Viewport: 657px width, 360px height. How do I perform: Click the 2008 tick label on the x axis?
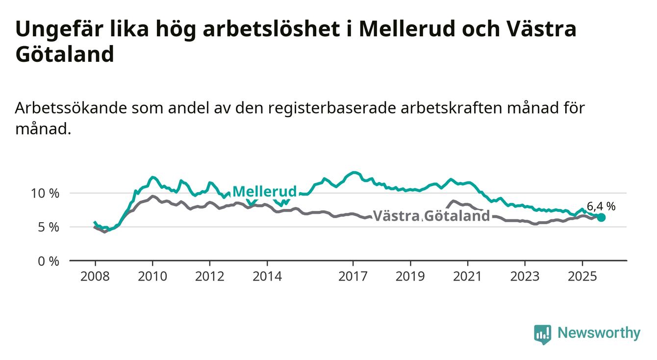pyautogui.click(x=95, y=277)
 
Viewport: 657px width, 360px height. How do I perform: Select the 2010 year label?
pyautogui.click(x=152, y=277)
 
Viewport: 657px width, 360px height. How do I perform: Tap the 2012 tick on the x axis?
pyautogui.click(x=210, y=277)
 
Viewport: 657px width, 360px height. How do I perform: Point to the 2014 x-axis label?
pyautogui.click(x=267, y=277)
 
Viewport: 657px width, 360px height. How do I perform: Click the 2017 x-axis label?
pyautogui.click(x=353, y=277)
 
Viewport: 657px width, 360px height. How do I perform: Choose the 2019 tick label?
pyautogui.click(x=410, y=277)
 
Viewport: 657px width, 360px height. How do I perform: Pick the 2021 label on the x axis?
pyautogui.click(x=468, y=277)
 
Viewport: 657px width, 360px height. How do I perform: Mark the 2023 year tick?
pyautogui.click(x=525, y=277)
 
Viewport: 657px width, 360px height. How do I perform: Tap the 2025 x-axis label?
pyautogui.click(x=582, y=277)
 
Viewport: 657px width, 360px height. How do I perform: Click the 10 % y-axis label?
pyautogui.click(x=45, y=193)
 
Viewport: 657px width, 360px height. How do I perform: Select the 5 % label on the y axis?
pyautogui.click(x=49, y=227)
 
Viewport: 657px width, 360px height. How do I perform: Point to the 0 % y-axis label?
pyautogui.click(x=49, y=261)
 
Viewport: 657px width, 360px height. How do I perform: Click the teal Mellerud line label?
pyautogui.click(x=264, y=191)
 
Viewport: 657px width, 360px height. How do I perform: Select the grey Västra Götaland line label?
pyautogui.click(x=431, y=216)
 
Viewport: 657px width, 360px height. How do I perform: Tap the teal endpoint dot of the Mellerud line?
pyautogui.click(x=601, y=217)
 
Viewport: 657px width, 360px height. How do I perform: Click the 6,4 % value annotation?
pyautogui.click(x=601, y=206)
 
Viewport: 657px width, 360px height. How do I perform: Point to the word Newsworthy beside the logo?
pyautogui.click(x=599, y=334)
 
